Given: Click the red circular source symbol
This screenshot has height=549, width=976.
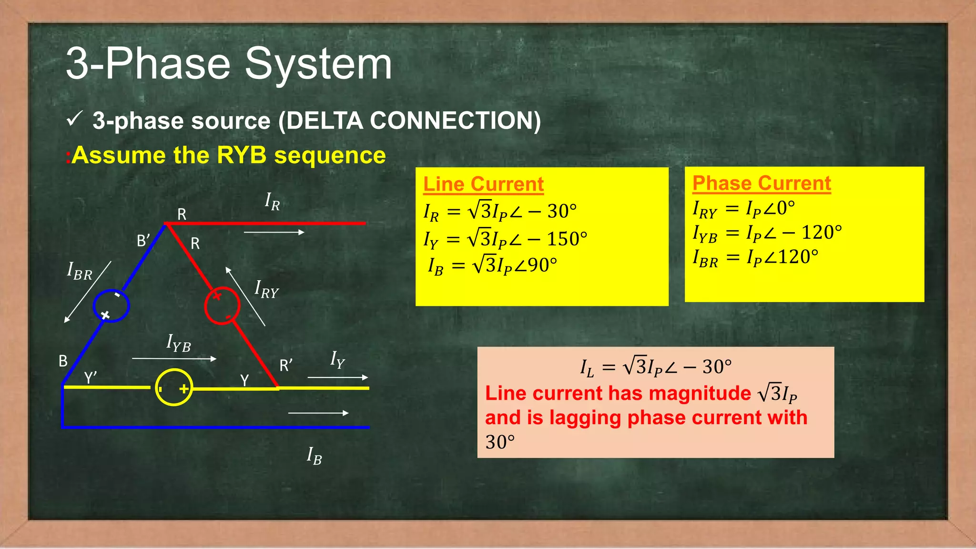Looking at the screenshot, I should (222, 305).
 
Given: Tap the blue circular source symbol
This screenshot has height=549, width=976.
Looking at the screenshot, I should (111, 305).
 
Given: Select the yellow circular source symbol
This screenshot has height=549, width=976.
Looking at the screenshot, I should (174, 387).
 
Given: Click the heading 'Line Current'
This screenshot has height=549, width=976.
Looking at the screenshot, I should (483, 184).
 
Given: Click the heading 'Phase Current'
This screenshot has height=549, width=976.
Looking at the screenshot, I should (761, 183).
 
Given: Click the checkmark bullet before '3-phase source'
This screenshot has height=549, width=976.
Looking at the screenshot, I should (75, 119).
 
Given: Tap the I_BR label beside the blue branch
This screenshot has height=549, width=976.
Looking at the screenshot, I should (80, 272).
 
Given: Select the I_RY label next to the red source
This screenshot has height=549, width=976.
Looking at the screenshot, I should (266, 289).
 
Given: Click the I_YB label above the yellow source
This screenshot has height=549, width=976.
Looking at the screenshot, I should (179, 343).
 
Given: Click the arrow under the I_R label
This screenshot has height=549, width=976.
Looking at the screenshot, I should (274, 233).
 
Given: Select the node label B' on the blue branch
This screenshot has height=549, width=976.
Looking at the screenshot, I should (143, 241).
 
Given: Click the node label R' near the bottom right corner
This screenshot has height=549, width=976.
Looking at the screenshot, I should (286, 366).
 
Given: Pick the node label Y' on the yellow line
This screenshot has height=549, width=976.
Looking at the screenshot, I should (91, 378).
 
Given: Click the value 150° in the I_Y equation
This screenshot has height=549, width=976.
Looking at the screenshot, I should (567, 239).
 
